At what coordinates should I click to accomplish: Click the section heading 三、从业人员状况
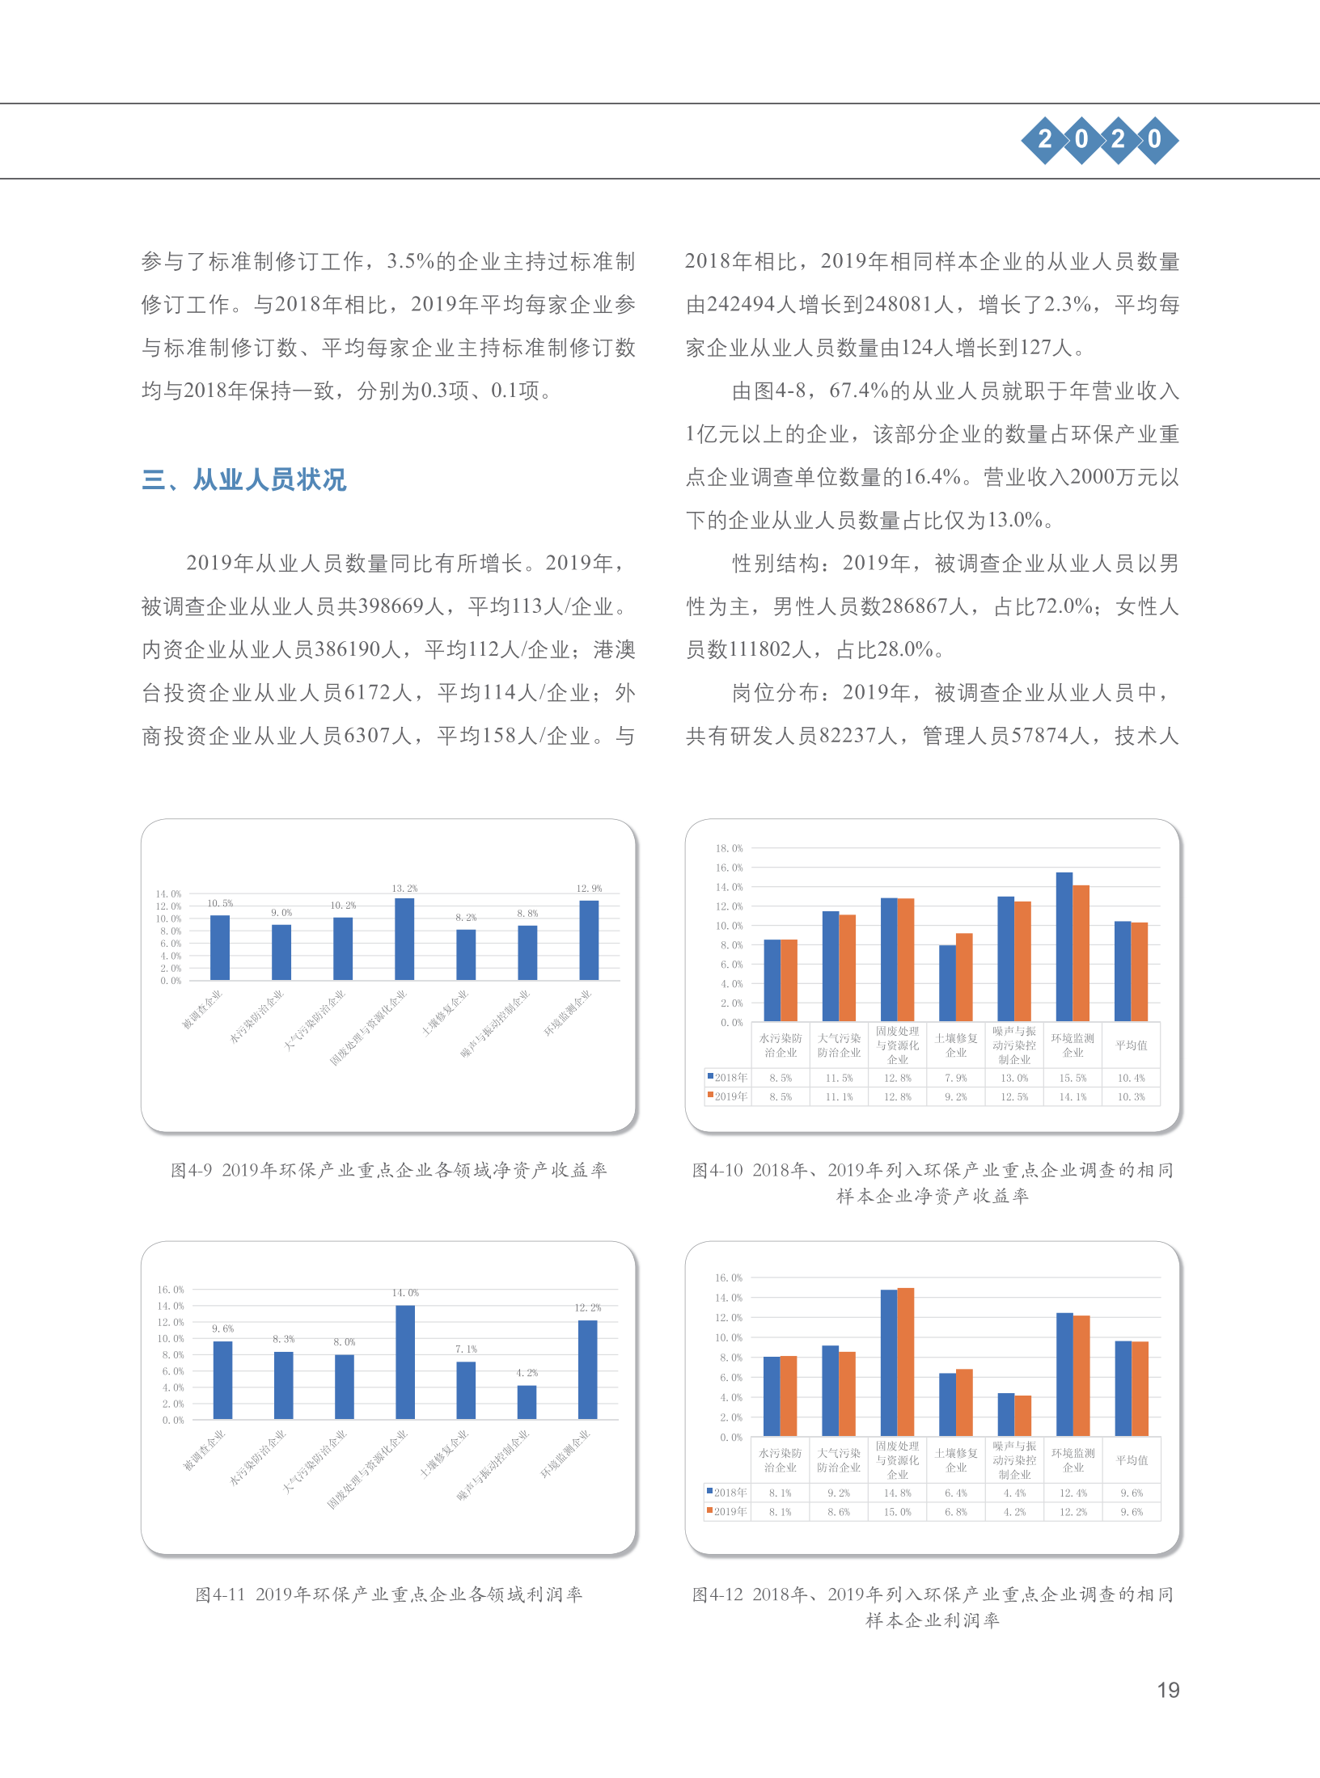pos(243,479)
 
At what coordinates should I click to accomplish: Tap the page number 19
pos(1168,1690)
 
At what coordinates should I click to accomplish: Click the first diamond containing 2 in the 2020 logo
pos(1045,140)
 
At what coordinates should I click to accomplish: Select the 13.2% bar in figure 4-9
pos(404,939)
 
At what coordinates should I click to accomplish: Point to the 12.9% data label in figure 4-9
pos(589,888)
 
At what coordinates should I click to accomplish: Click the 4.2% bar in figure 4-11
pos(527,1402)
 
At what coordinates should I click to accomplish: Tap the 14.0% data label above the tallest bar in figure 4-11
pos(405,1293)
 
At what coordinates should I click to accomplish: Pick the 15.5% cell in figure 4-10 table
pos(1072,1078)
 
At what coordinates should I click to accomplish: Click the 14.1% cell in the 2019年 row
pos(1072,1097)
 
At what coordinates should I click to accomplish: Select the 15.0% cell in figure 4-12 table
pos(897,1512)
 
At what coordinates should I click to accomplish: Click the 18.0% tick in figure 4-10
pos(729,848)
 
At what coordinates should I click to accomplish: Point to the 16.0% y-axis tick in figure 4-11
pos(171,1290)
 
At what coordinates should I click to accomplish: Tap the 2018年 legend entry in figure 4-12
pos(728,1493)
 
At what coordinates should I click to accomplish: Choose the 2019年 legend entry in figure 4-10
pos(728,1097)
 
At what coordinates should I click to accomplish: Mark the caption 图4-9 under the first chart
pos(192,1170)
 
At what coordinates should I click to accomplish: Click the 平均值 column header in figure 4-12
pos(1132,1460)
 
